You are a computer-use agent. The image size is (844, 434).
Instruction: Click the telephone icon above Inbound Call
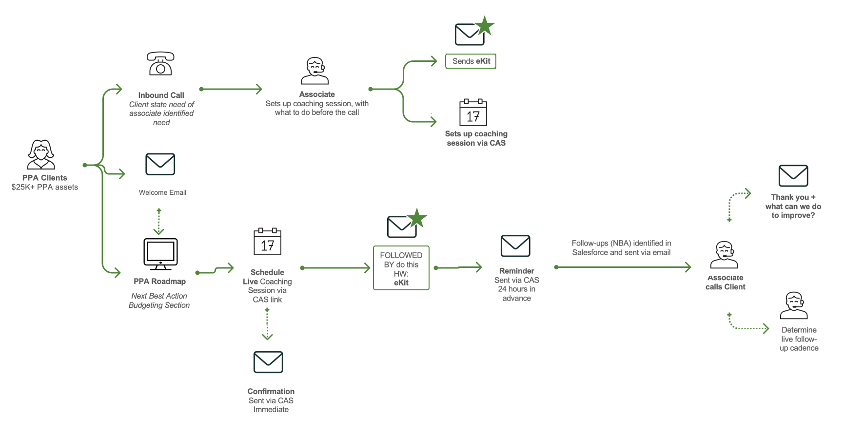160,64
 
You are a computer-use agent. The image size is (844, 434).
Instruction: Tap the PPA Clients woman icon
41,154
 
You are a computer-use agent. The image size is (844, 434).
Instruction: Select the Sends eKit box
471,61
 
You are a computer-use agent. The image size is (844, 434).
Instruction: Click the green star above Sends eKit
485,26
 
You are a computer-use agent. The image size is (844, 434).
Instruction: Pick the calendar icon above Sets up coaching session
473,113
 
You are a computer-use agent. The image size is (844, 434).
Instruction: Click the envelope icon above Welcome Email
160,165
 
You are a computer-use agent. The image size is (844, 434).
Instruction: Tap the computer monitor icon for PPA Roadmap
160,254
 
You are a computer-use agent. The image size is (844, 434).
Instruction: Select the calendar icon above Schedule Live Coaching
267,242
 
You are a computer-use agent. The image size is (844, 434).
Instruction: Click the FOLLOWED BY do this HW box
401,268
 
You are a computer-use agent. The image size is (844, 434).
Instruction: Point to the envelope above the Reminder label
515,246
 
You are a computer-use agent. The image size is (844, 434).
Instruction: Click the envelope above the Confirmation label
268,362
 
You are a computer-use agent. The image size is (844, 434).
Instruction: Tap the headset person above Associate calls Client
724,255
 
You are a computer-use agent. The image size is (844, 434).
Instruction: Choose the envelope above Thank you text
793,176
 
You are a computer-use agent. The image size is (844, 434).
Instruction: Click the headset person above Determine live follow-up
794,305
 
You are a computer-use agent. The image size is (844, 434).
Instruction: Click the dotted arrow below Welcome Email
158,222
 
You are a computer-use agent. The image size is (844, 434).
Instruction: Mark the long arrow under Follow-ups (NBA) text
623,267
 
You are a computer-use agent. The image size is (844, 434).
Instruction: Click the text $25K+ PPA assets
45,187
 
